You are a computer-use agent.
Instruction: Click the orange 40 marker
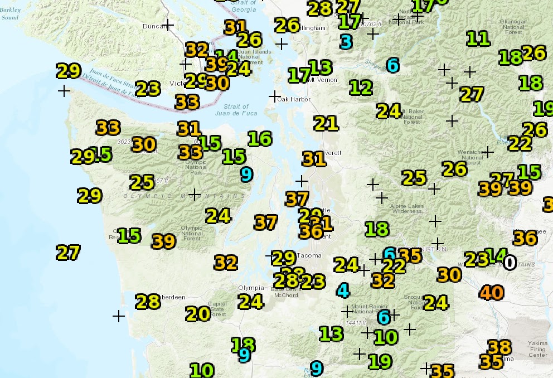[x=491, y=292]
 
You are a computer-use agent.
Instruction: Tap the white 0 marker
[x=510, y=262]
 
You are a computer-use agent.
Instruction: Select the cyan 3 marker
[x=346, y=42]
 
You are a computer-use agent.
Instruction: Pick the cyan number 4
[x=343, y=290]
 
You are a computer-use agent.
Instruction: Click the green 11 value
[x=478, y=38]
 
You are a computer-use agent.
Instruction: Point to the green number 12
[x=361, y=88]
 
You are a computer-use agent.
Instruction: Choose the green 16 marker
[x=259, y=138]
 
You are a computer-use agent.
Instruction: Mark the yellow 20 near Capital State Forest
[x=198, y=314]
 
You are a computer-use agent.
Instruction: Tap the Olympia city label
[x=250, y=288]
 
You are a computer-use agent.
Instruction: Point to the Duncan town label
[x=154, y=26]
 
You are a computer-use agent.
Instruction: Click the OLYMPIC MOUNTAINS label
[x=184, y=196]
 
